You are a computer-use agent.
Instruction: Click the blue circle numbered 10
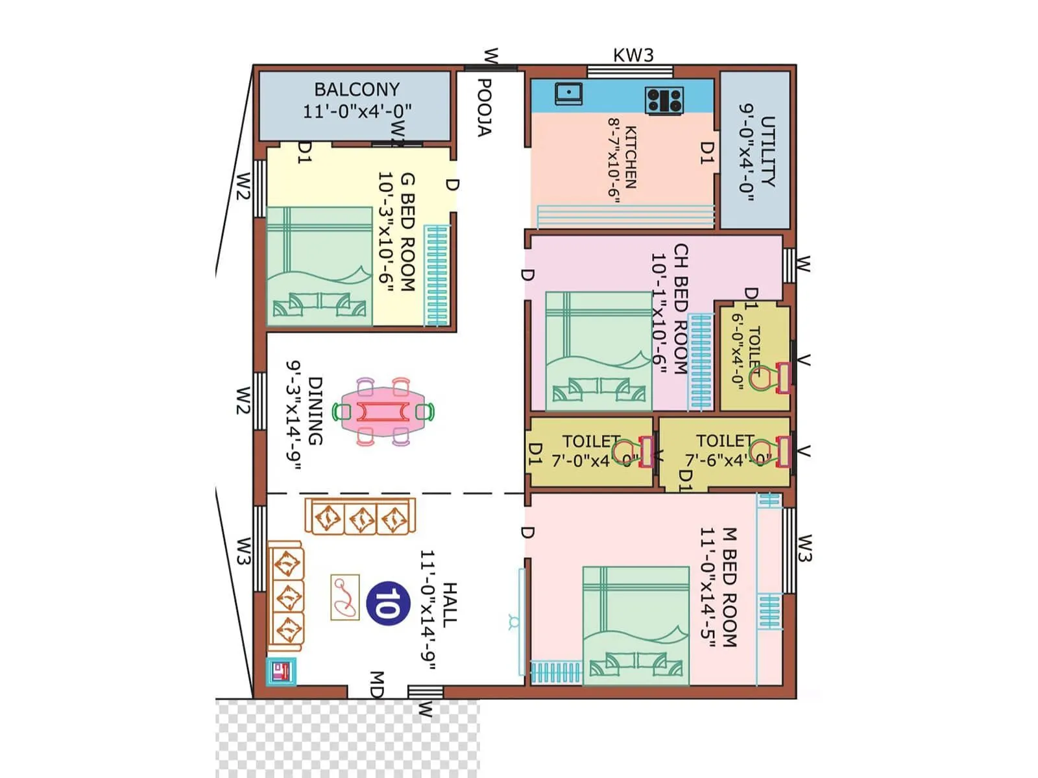point(388,604)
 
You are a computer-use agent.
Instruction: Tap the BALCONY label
point(357,89)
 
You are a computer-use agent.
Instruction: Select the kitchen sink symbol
point(568,93)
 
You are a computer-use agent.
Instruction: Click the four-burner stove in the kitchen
point(664,100)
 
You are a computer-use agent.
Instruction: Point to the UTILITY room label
point(767,152)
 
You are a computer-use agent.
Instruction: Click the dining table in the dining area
point(383,412)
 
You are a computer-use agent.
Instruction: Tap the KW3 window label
point(633,55)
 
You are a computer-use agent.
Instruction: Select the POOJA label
point(484,108)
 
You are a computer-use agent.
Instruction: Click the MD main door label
point(376,685)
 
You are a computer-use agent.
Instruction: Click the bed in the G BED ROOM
point(319,266)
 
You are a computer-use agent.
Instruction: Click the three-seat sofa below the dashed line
point(360,517)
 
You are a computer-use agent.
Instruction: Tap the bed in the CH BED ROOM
point(598,350)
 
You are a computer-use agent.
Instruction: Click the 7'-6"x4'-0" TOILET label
point(725,441)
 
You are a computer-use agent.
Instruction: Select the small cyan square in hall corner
point(282,672)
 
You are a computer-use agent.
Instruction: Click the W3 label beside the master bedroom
point(805,548)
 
